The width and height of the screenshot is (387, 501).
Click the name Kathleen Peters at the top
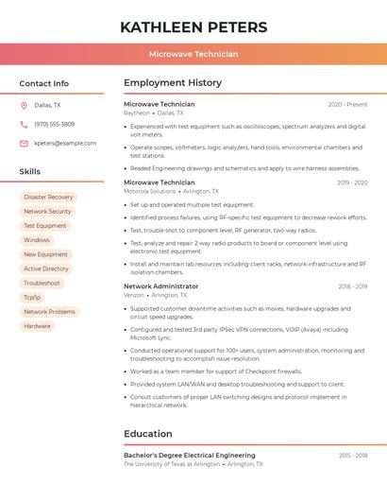193,27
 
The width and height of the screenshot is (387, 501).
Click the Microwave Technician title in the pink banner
193,55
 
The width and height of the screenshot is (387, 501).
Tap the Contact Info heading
44,83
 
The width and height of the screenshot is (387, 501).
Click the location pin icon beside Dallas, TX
24,106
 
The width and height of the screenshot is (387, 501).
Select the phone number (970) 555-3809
55,125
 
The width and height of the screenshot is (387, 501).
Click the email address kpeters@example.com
65,144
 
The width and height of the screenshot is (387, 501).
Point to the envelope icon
24,144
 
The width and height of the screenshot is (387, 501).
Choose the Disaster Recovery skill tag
47,198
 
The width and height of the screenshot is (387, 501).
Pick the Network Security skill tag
47,212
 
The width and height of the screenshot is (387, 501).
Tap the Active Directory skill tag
46,269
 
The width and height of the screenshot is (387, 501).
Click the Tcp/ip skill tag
32,298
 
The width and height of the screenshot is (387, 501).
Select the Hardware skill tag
37,326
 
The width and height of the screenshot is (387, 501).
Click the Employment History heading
173,83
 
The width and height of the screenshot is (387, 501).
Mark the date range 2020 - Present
347,104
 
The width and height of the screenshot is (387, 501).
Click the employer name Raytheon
137,112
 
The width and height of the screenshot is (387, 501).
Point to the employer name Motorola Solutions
150,191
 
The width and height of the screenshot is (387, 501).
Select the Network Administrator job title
161,286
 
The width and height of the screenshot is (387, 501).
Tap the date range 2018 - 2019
352,286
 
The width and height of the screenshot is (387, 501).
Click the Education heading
148,434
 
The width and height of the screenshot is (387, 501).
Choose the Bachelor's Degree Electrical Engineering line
190,456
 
